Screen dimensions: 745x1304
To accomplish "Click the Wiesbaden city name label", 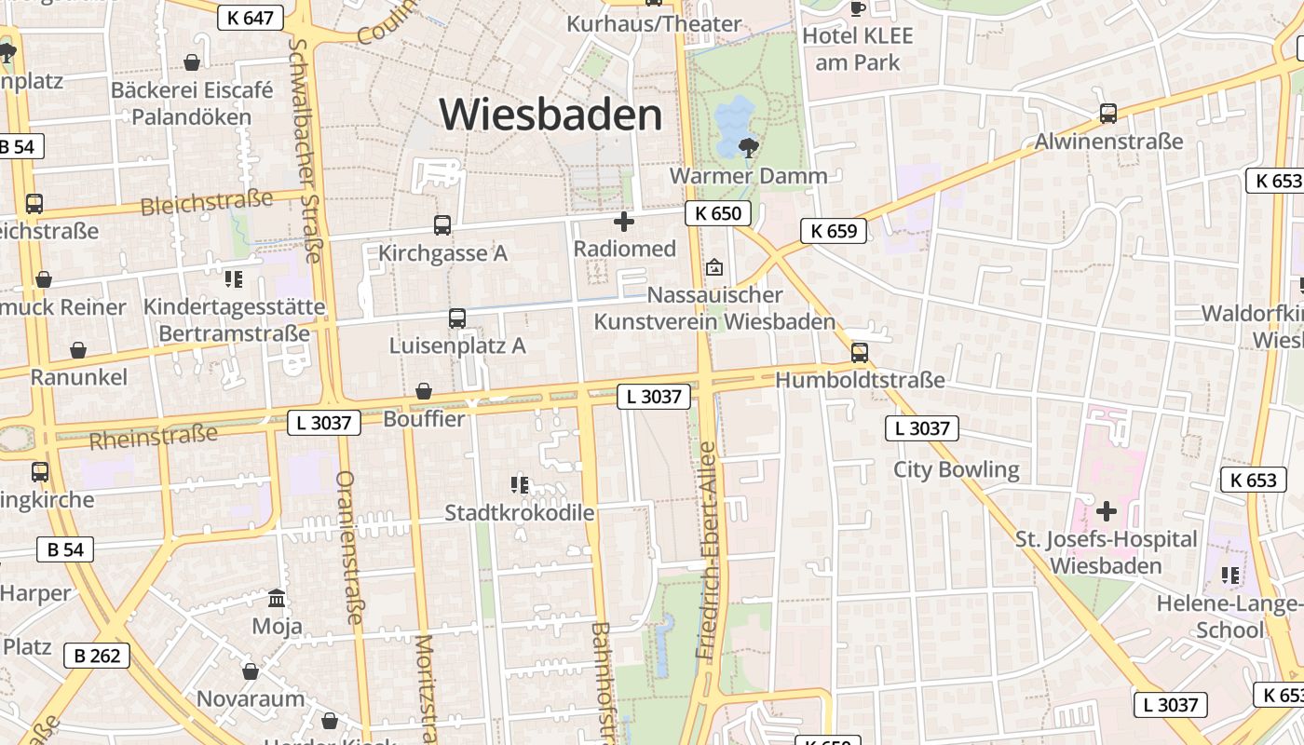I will (550, 115).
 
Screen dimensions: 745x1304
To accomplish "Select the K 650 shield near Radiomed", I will (718, 213).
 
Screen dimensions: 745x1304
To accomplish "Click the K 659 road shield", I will (834, 231).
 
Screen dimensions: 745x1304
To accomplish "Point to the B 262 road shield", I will (97, 656).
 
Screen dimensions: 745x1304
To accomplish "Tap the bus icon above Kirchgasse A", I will (442, 224).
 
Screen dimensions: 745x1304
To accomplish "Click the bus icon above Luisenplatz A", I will (456, 318).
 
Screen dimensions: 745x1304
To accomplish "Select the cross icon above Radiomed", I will (624, 222).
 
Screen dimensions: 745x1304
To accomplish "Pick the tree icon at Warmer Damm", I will (747, 147).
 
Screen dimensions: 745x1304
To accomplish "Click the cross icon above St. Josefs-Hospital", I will (1107, 510).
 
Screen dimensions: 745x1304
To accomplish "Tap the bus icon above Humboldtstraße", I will (860, 353).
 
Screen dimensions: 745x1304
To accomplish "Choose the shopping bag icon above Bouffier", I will (424, 391).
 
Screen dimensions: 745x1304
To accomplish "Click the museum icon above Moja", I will (277, 598).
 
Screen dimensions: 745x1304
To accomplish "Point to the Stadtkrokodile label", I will (519, 512).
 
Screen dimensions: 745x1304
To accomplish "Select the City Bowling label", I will (957, 469).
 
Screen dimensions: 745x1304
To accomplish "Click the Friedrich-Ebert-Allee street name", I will (709, 549).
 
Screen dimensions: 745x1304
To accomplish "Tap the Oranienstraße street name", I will (348, 547).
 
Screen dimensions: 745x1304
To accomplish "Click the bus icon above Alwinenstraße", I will (1108, 114).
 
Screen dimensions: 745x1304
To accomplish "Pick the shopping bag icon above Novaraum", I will (251, 670).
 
